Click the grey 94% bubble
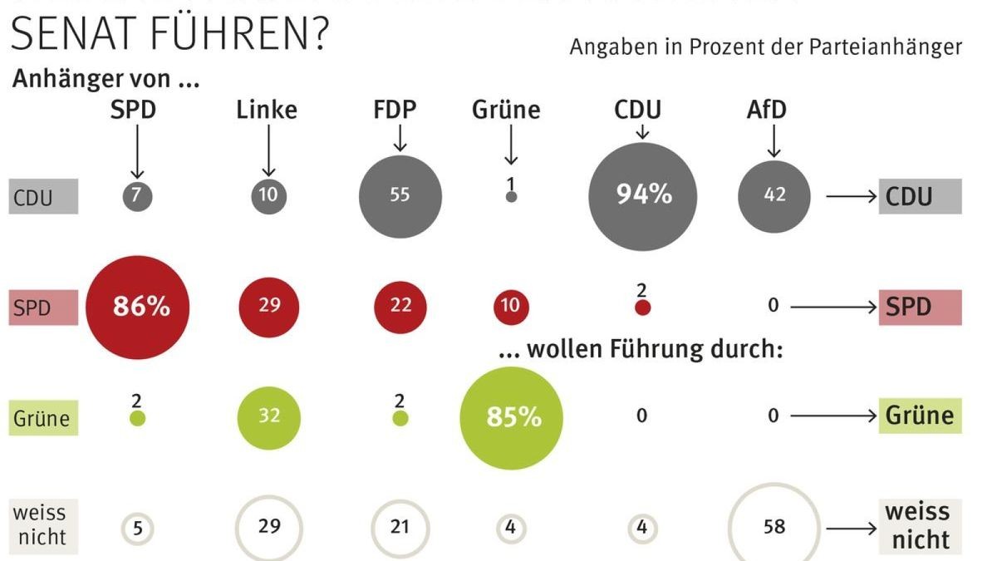coord(641,196)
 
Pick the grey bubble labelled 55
coord(400,196)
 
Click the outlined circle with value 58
coord(774,527)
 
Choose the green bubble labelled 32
coord(268,416)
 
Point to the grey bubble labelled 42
coord(774,196)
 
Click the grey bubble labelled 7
coord(137,196)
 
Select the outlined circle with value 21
coord(400,527)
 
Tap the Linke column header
coord(267,110)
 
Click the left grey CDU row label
coord(44,198)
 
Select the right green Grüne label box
coord(920,415)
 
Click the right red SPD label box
coord(920,308)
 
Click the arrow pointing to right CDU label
coord(852,197)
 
